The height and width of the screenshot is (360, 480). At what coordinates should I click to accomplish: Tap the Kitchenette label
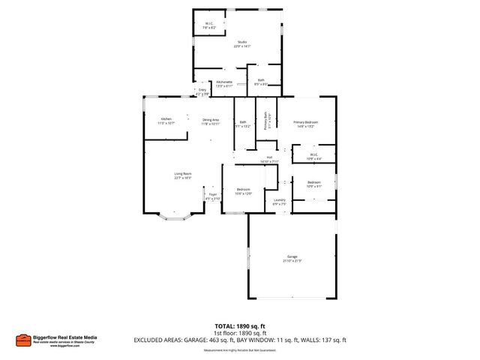[224, 83]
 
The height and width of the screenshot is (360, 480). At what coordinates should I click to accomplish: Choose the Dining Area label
[211, 121]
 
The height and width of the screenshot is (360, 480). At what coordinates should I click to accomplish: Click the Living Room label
[183, 175]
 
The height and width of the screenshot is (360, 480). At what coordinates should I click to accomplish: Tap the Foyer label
[213, 196]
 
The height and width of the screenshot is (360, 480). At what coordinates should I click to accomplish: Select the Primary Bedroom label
[305, 124]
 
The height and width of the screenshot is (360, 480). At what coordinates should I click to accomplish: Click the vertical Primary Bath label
[265, 122]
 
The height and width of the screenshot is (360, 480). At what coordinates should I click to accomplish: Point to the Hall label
[269, 159]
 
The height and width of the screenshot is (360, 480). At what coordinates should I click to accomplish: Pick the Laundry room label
[279, 201]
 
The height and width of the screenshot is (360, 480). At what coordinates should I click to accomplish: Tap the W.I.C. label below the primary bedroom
[314, 157]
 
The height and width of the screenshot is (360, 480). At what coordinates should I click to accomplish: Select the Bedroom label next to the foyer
[244, 190]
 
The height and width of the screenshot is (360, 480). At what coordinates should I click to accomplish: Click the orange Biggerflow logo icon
[23, 340]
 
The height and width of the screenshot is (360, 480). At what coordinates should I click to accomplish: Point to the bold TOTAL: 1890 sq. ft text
[240, 325]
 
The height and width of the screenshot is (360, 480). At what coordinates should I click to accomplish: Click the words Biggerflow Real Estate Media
[65, 337]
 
